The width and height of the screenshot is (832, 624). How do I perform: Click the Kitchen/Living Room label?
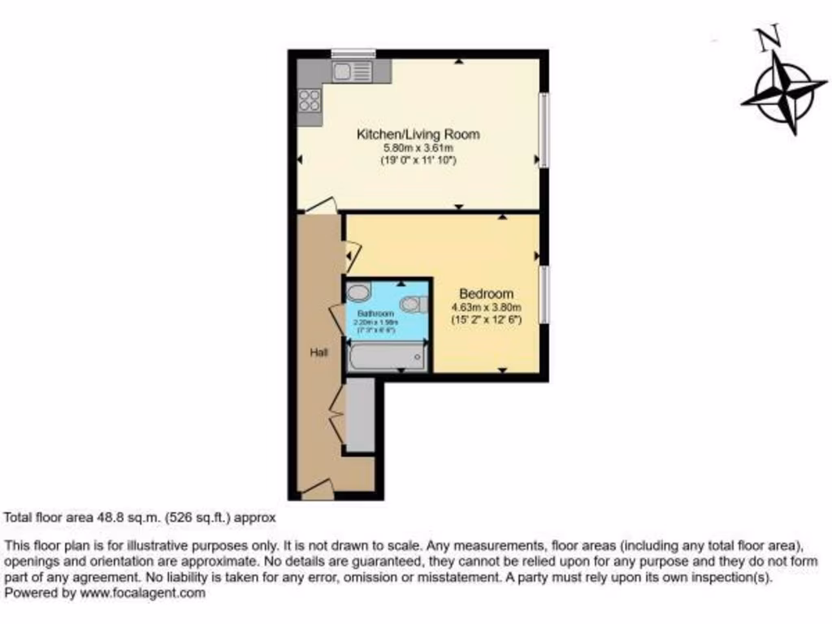pos(418,134)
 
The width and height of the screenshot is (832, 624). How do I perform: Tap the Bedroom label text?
pos(486,293)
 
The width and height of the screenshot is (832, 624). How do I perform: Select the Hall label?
pos(318,353)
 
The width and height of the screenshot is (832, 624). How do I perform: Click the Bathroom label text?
pos(375,314)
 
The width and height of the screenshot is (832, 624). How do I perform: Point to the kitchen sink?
pos(352,72)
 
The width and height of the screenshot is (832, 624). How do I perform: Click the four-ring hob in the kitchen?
pos(309,100)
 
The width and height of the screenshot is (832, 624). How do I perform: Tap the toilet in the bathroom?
pos(414,304)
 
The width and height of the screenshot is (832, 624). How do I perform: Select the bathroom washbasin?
pos(358,292)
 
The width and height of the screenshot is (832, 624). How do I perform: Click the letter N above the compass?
pos(767,37)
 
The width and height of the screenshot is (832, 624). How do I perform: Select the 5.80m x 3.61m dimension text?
pos(418,149)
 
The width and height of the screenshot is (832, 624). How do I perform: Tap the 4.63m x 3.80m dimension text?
pos(486,307)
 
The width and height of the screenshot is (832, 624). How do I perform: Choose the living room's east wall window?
pos(544,131)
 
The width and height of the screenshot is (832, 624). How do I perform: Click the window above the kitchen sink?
pos(353,54)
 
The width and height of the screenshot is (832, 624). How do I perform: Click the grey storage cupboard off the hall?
pos(360,414)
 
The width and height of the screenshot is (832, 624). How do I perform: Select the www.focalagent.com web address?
pos(142,593)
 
